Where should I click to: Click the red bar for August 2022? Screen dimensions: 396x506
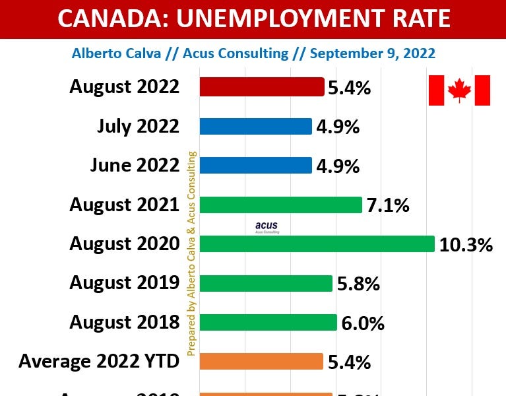261,87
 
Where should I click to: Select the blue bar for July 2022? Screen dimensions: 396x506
255,126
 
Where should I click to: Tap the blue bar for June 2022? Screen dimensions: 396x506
255,165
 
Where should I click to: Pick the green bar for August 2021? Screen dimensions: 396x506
280,205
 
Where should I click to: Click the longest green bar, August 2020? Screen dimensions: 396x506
317,244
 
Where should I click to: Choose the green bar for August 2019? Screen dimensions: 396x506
266,283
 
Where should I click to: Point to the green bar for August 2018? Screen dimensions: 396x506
269,322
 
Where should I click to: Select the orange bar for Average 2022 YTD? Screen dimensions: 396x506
261,362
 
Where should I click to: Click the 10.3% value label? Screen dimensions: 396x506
466,245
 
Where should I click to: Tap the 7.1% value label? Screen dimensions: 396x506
388,206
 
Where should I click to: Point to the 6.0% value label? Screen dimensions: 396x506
363,323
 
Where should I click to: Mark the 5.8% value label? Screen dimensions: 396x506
358,284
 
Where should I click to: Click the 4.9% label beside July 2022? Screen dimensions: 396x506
338,127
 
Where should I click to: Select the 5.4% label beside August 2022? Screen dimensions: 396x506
350,88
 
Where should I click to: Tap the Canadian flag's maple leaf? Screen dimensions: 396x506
459,90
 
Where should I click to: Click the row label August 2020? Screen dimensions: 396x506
125,244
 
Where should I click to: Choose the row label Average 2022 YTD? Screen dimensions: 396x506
99,362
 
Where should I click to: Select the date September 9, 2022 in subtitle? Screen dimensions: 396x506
373,53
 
